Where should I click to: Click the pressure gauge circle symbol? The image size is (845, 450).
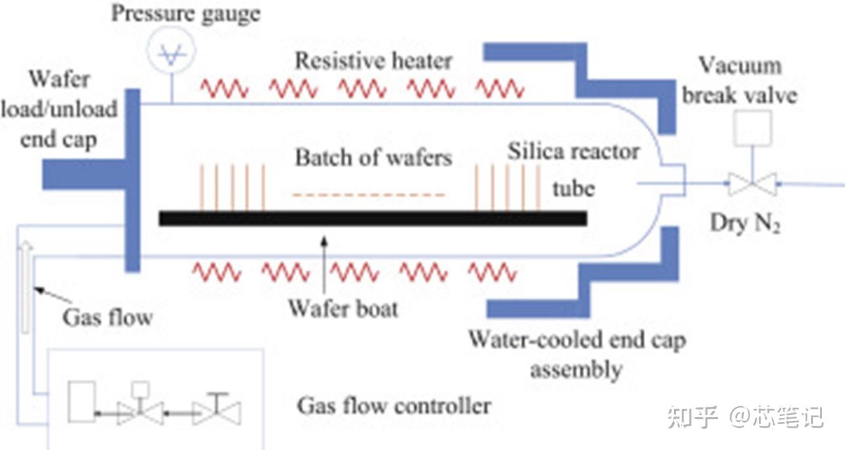point(171,50)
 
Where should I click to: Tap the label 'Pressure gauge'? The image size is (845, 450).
point(186,14)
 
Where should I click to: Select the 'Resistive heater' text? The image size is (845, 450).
point(373,61)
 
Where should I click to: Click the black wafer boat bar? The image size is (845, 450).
point(373,219)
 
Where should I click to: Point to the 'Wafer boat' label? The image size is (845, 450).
point(343,309)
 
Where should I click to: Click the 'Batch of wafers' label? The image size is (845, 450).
point(373,157)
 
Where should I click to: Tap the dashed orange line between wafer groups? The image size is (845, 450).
point(369,195)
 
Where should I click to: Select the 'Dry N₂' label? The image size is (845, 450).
point(745,223)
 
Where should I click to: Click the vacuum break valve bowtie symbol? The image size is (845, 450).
point(753,184)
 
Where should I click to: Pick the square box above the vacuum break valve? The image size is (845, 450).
point(753,128)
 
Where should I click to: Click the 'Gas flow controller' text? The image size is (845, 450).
point(394,406)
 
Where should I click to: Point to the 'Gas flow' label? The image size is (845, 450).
point(107,318)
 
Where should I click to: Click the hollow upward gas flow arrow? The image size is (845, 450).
point(26,287)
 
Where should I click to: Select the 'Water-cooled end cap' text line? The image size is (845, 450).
point(577,340)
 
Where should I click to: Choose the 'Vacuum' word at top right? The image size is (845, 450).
point(740,66)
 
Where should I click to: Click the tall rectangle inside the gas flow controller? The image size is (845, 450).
point(81,402)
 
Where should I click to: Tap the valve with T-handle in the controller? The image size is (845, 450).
point(217,409)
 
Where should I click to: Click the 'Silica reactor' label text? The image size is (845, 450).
point(573,151)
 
